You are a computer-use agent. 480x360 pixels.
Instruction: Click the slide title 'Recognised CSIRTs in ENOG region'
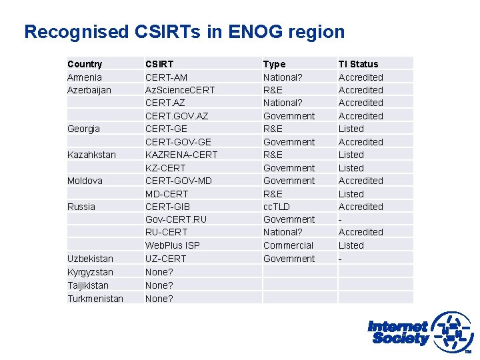click(x=185, y=32)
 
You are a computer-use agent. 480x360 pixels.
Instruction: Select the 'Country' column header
click(x=85, y=64)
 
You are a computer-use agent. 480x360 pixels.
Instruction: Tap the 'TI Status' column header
click(x=358, y=64)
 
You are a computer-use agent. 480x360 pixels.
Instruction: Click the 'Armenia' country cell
click(x=85, y=77)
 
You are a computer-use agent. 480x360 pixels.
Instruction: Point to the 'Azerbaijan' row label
click(x=89, y=90)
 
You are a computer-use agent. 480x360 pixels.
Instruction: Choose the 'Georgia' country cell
click(x=83, y=129)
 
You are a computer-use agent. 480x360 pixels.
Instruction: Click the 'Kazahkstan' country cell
click(x=91, y=155)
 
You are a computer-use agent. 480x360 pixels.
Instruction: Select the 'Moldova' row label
click(x=85, y=181)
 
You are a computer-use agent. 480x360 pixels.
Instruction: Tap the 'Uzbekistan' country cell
click(x=90, y=259)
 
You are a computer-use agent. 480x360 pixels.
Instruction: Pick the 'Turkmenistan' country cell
click(x=95, y=299)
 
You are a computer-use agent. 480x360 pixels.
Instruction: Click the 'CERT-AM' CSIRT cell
click(x=167, y=77)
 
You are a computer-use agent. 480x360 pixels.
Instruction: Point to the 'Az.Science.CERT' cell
click(x=181, y=90)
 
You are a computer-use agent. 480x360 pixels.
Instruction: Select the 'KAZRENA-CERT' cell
click(x=181, y=155)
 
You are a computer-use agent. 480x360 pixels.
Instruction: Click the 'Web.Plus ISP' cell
click(x=173, y=245)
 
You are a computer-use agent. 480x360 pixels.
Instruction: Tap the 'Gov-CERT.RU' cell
click(x=176, y=219)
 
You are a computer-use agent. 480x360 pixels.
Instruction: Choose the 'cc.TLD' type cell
click(x=277, y=207)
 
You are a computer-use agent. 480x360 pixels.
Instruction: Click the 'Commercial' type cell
click(x=288, y=245)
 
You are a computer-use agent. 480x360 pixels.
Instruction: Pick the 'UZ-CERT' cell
click(x=166, y=259)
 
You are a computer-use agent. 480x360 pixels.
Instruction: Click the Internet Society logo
click(x=419, y=331)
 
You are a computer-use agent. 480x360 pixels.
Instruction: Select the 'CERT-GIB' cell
click(x=167, y=207)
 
